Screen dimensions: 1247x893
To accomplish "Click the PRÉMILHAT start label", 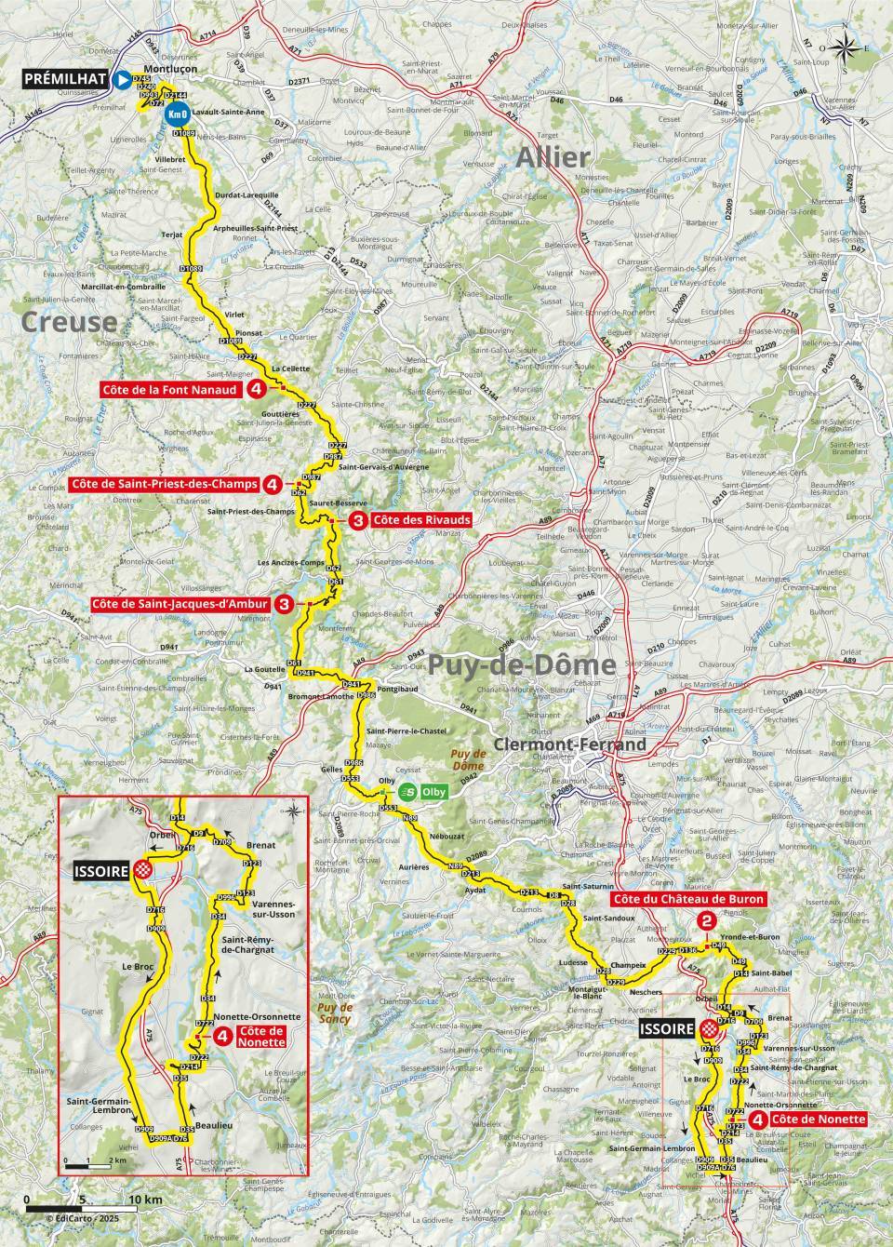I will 61,81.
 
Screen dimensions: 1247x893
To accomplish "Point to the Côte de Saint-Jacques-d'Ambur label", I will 180,604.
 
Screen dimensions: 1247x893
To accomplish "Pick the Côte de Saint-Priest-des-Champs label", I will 165,484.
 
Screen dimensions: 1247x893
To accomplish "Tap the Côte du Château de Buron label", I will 687,899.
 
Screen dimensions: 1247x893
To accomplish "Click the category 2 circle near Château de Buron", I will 705,920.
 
